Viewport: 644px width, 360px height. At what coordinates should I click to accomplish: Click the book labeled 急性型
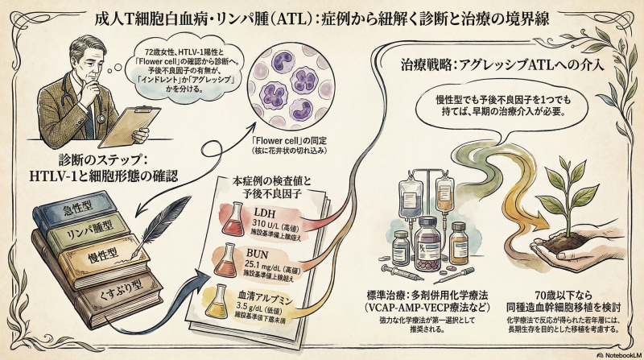point(76,208)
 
